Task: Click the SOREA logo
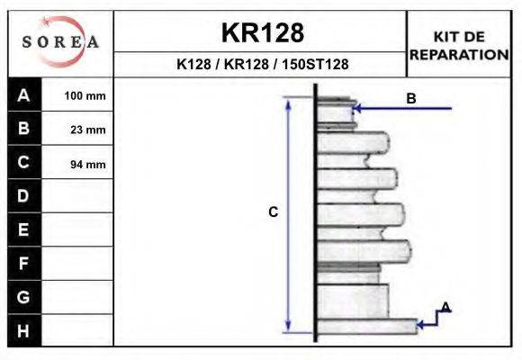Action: (60, 41)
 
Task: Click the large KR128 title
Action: (263, 32)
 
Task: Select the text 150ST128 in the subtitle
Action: (315, 64)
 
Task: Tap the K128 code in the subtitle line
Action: (193, 64)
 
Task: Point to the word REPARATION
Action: (459, 55)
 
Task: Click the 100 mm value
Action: (85, 96)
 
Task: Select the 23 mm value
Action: (88, 130)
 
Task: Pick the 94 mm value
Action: (88, 164)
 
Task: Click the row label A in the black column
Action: (23, 95)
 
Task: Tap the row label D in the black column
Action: (23, 196)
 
